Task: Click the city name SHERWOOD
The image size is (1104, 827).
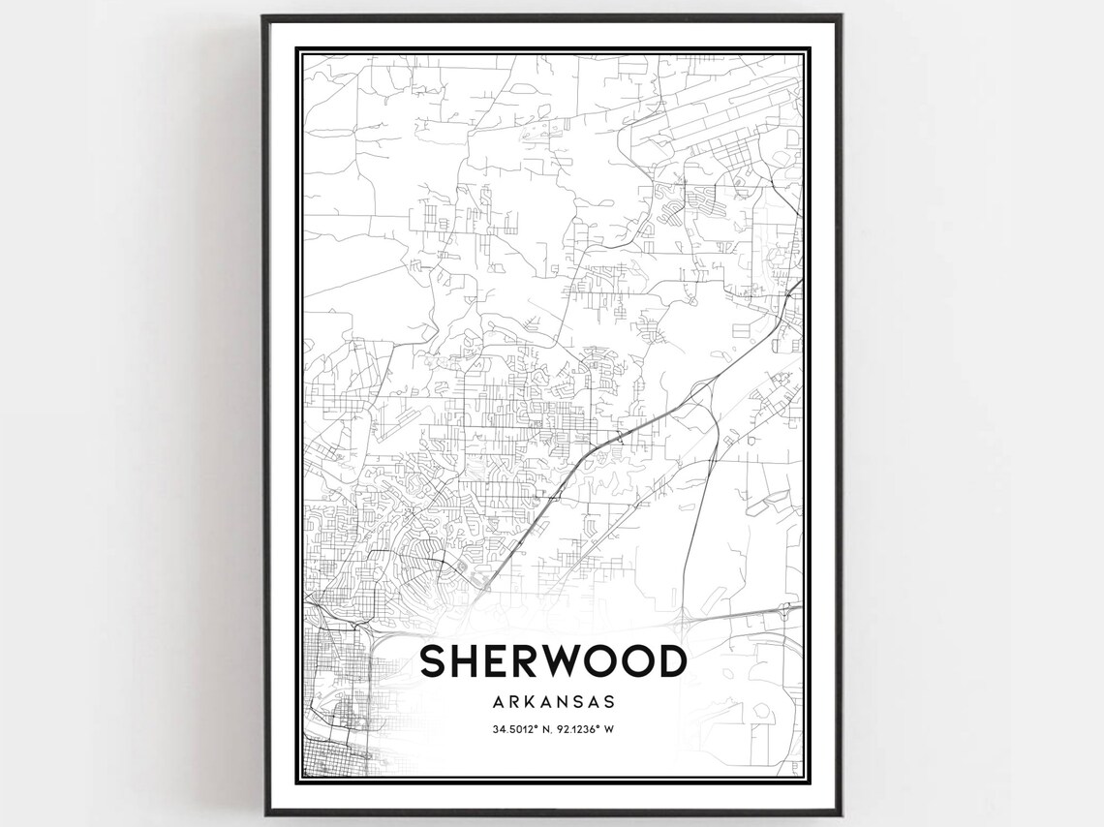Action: click(x=553, y=661)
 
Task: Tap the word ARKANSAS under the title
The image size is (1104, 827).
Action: click(x=553, y=701)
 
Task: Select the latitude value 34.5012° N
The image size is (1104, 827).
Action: click(x=521, y=729)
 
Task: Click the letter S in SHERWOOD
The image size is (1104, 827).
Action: click(x=435, y=661)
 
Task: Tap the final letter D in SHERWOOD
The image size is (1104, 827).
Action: click(x=671, y=661)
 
